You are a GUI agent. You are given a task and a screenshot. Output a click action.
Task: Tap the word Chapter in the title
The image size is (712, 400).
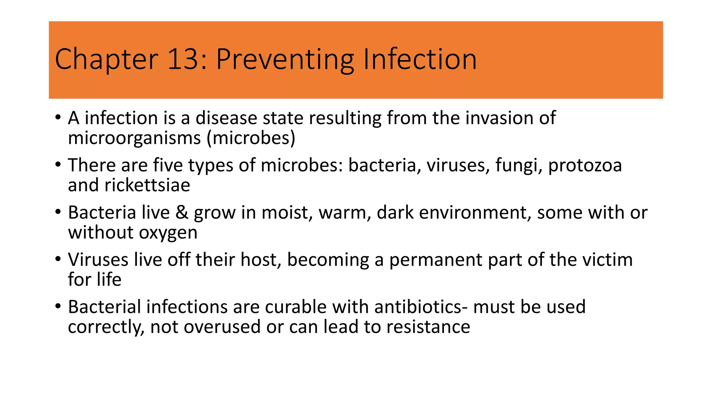106,59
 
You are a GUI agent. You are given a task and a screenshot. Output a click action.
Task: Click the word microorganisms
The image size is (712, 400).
134,138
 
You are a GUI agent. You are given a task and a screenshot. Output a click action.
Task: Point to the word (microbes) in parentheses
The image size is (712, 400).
251,138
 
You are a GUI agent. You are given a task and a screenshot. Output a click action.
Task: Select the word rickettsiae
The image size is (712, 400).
147,185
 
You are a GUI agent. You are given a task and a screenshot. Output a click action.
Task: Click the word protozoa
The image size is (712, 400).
585,165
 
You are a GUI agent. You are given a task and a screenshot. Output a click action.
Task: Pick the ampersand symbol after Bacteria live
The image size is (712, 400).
181,212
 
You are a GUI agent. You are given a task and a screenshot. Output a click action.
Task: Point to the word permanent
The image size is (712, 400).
436,260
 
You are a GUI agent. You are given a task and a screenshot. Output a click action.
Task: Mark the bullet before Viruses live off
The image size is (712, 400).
58,259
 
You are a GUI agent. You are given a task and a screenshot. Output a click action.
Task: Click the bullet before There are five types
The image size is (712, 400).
58,165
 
